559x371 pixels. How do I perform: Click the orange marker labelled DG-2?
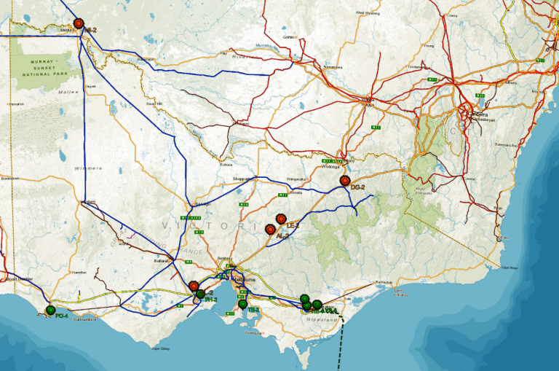(345, 181)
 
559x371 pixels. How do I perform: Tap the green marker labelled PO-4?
(50, 311)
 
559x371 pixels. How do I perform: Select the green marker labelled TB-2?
(243, 305)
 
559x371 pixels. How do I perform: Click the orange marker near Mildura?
(79, 23)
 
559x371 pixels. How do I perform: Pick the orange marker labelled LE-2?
(281, 218)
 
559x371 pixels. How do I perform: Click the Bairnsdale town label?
(383, 281)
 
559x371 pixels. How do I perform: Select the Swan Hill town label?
(154, 104)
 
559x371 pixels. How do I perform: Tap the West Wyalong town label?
(368, 12)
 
